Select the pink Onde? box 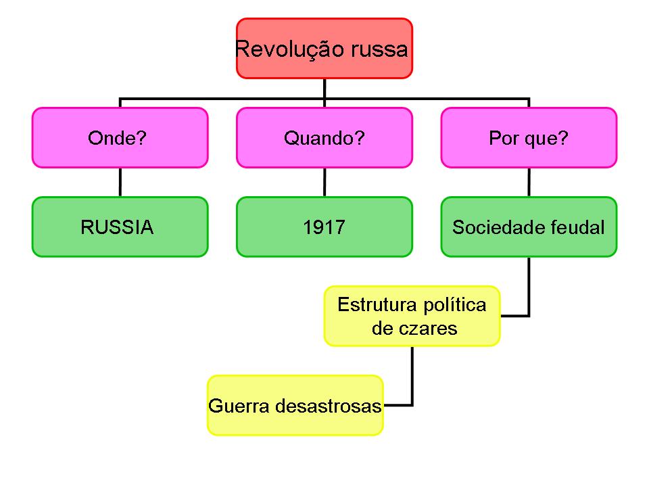click(120, 137)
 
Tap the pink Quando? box click(324, 137)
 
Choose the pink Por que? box click(529, 137)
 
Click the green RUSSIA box click(120, 227)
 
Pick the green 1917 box click(324, 227)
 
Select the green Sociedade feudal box click(529, 227)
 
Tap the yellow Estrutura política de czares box click(412, 316)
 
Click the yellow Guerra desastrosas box click(295, 405)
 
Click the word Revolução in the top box click(285, 50)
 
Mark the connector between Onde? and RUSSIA click(120, 182)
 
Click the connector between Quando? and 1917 click(324, 182)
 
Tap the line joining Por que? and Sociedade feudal click(529, 182)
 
